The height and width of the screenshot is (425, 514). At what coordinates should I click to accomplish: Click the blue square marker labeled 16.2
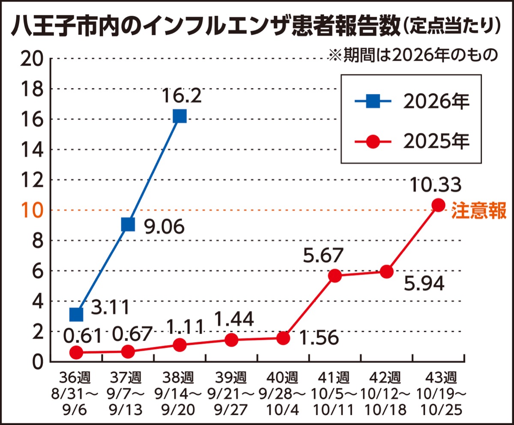(x=180, y=116)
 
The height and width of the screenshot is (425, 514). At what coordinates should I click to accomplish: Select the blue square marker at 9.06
(x=128, y=224)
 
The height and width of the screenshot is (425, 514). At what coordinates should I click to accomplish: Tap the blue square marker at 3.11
(x=76, y=314)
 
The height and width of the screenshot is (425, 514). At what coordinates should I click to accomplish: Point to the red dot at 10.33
(x=439, y=205)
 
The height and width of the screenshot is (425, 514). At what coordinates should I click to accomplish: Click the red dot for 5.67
(x=335, y=276)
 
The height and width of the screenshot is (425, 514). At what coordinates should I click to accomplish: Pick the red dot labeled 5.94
(x=386, y=272)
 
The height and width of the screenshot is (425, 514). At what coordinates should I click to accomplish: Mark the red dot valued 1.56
(x=283, y=338)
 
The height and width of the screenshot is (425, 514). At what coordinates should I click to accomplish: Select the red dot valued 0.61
(x=76, y=352)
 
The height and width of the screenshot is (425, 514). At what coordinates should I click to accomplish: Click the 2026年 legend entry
(x=412, y=101)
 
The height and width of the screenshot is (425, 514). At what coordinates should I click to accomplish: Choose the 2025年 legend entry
(x=412, y=141)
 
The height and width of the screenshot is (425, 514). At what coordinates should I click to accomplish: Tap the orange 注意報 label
(x=478, y=210)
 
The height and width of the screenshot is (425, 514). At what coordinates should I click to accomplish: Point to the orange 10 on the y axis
(x=33, y=210)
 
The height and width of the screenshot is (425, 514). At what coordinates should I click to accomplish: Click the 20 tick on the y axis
(x=32, y=59)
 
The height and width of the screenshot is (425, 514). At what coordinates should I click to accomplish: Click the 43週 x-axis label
(x=441, y=377)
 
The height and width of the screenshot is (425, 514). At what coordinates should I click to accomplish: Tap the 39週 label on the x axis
(x=231, y=377)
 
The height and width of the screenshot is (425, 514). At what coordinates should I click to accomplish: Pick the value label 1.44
(x=234, y=319)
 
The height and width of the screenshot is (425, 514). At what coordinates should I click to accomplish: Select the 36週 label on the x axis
(x=75, y=377)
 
